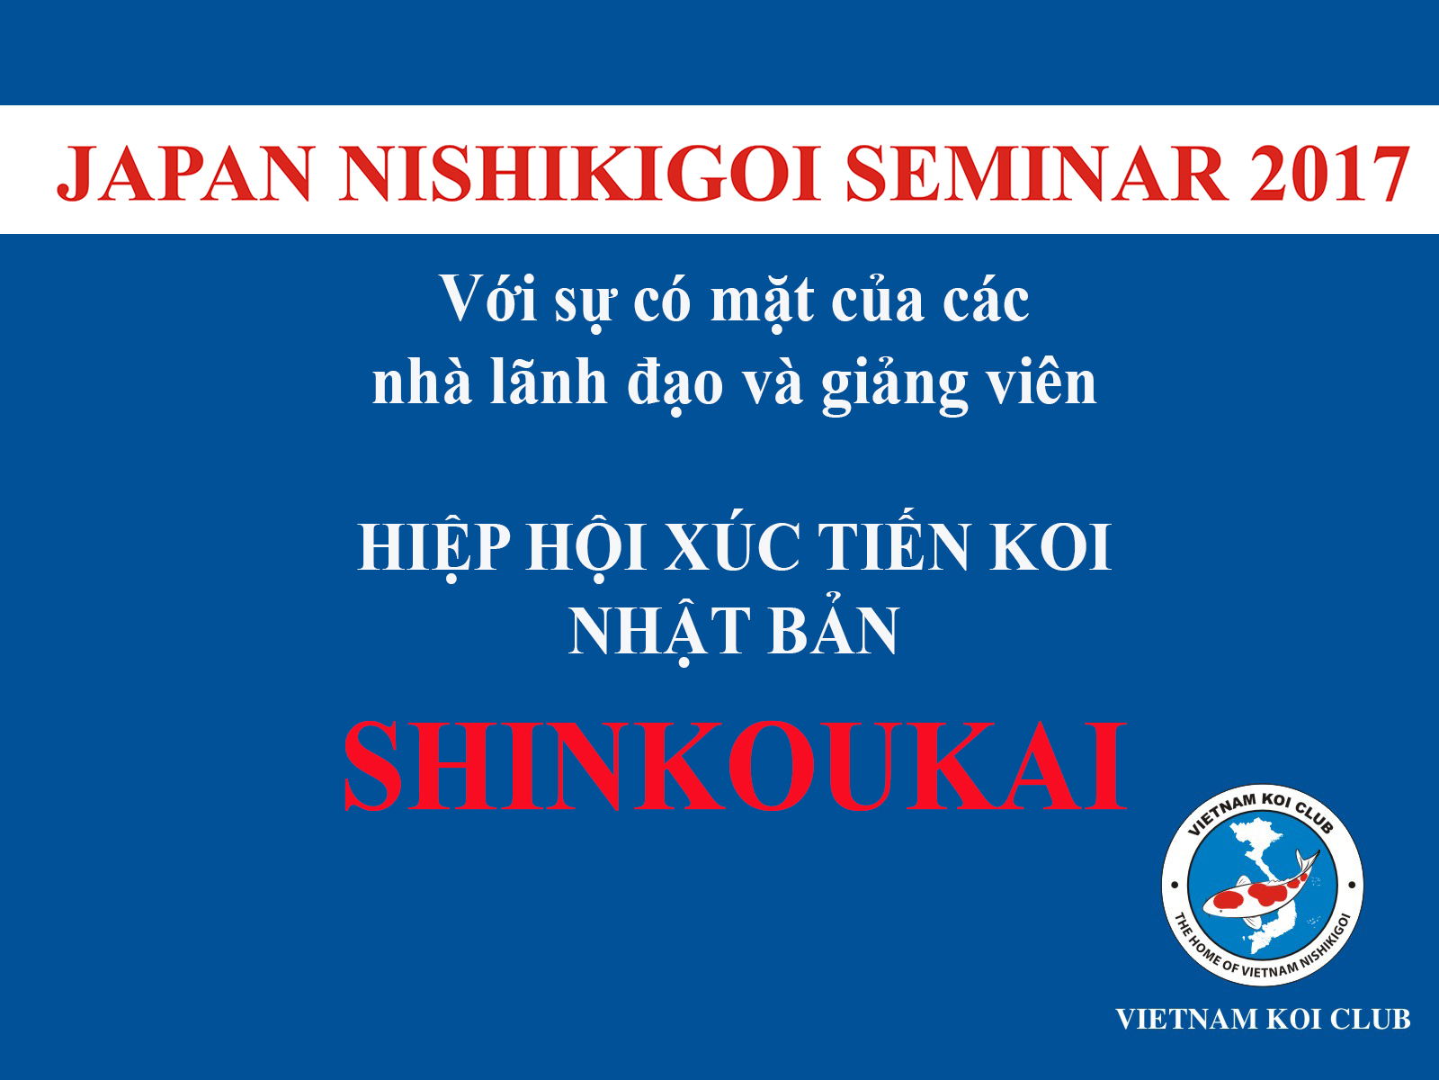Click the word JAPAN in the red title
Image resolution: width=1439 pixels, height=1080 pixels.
(x=184, y=173)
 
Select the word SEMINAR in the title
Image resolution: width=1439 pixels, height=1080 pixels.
(x=1034, y=173)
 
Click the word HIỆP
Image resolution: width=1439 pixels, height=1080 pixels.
(x=434, y=546)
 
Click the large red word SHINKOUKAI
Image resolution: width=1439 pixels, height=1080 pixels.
(x=734, y=767)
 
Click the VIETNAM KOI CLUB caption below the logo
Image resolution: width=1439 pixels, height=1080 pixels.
(x=1263, y=1019)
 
